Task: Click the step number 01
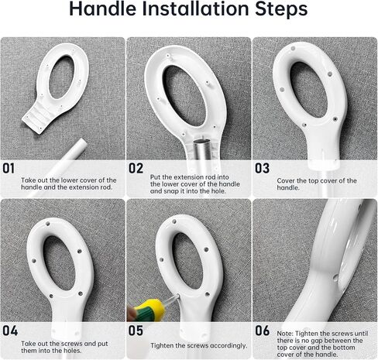pos(9,168)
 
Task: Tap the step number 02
pos(136,168)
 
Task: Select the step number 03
pos(263,168)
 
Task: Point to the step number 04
pos(10,331)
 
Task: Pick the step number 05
pos(136,331)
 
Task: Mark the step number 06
pos(263,331)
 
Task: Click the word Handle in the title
pos(102,9)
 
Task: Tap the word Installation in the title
pos(195,9)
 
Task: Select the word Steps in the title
pos(281,9)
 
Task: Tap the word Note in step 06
pos(285,334)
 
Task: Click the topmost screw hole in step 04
pos(47,224)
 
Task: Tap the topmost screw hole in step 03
pos(293,48)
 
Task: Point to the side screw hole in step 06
pos(335,278)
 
